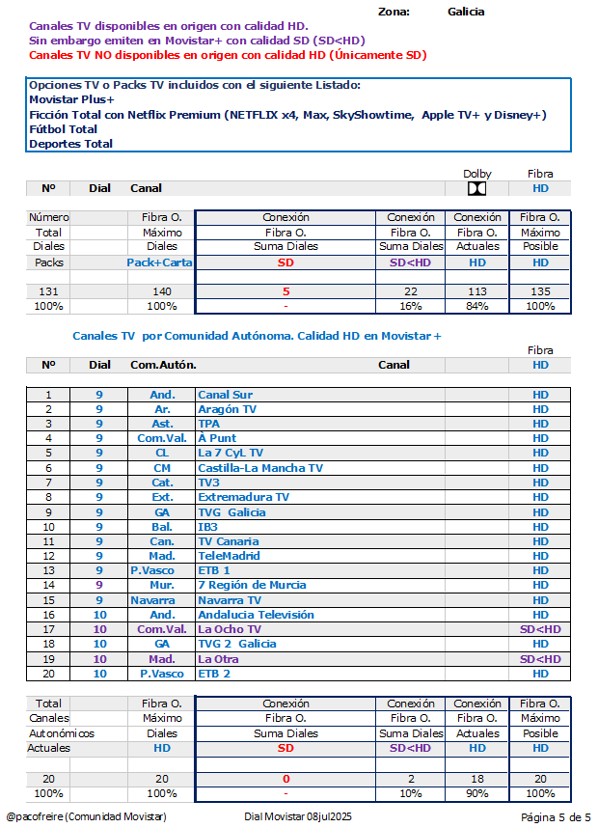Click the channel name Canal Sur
click(225, 395)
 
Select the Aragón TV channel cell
click(227, 409)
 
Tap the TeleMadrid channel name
click(230, 556)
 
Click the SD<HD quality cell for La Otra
click(540, 659)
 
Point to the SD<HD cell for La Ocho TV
click(540, 629)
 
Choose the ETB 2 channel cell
click(214, 674)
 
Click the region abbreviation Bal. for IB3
click(161, 527)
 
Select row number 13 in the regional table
click(48, 570)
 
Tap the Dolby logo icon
click(476, 188)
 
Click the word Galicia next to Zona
click(466, 12)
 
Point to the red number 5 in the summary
click(285, 291)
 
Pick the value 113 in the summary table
click(477, 291)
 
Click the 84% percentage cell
click(477, 306)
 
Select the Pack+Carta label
click(159, 262)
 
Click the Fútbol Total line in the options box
click(64, 129)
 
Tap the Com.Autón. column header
click(163, 365)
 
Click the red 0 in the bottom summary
click(285, 778)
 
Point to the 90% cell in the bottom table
click(477, 792)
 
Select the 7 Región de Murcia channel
click(252, 585)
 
